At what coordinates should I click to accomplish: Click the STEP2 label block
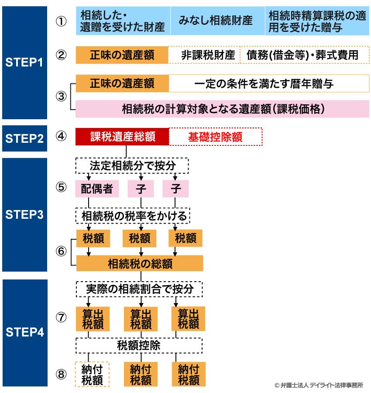(24, 138)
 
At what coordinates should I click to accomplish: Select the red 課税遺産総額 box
(122, 137)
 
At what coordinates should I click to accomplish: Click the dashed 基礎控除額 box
(215, 137)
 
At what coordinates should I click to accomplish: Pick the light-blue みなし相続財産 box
(215, 21)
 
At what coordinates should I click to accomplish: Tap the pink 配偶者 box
(97, 189)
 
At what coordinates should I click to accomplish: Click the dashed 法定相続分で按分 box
(132, 166)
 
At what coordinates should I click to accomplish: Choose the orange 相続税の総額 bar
(140, 264)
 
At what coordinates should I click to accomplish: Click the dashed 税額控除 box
(139, 345)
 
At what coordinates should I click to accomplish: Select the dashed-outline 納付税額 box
(92, 374)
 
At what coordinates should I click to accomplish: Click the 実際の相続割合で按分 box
(140, 289)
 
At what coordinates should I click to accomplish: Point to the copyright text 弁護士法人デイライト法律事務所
(319, 385)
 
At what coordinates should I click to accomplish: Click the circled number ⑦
(62, 317)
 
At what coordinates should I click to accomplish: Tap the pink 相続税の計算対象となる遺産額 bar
(223, 109)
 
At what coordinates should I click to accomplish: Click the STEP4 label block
(24, 332)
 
